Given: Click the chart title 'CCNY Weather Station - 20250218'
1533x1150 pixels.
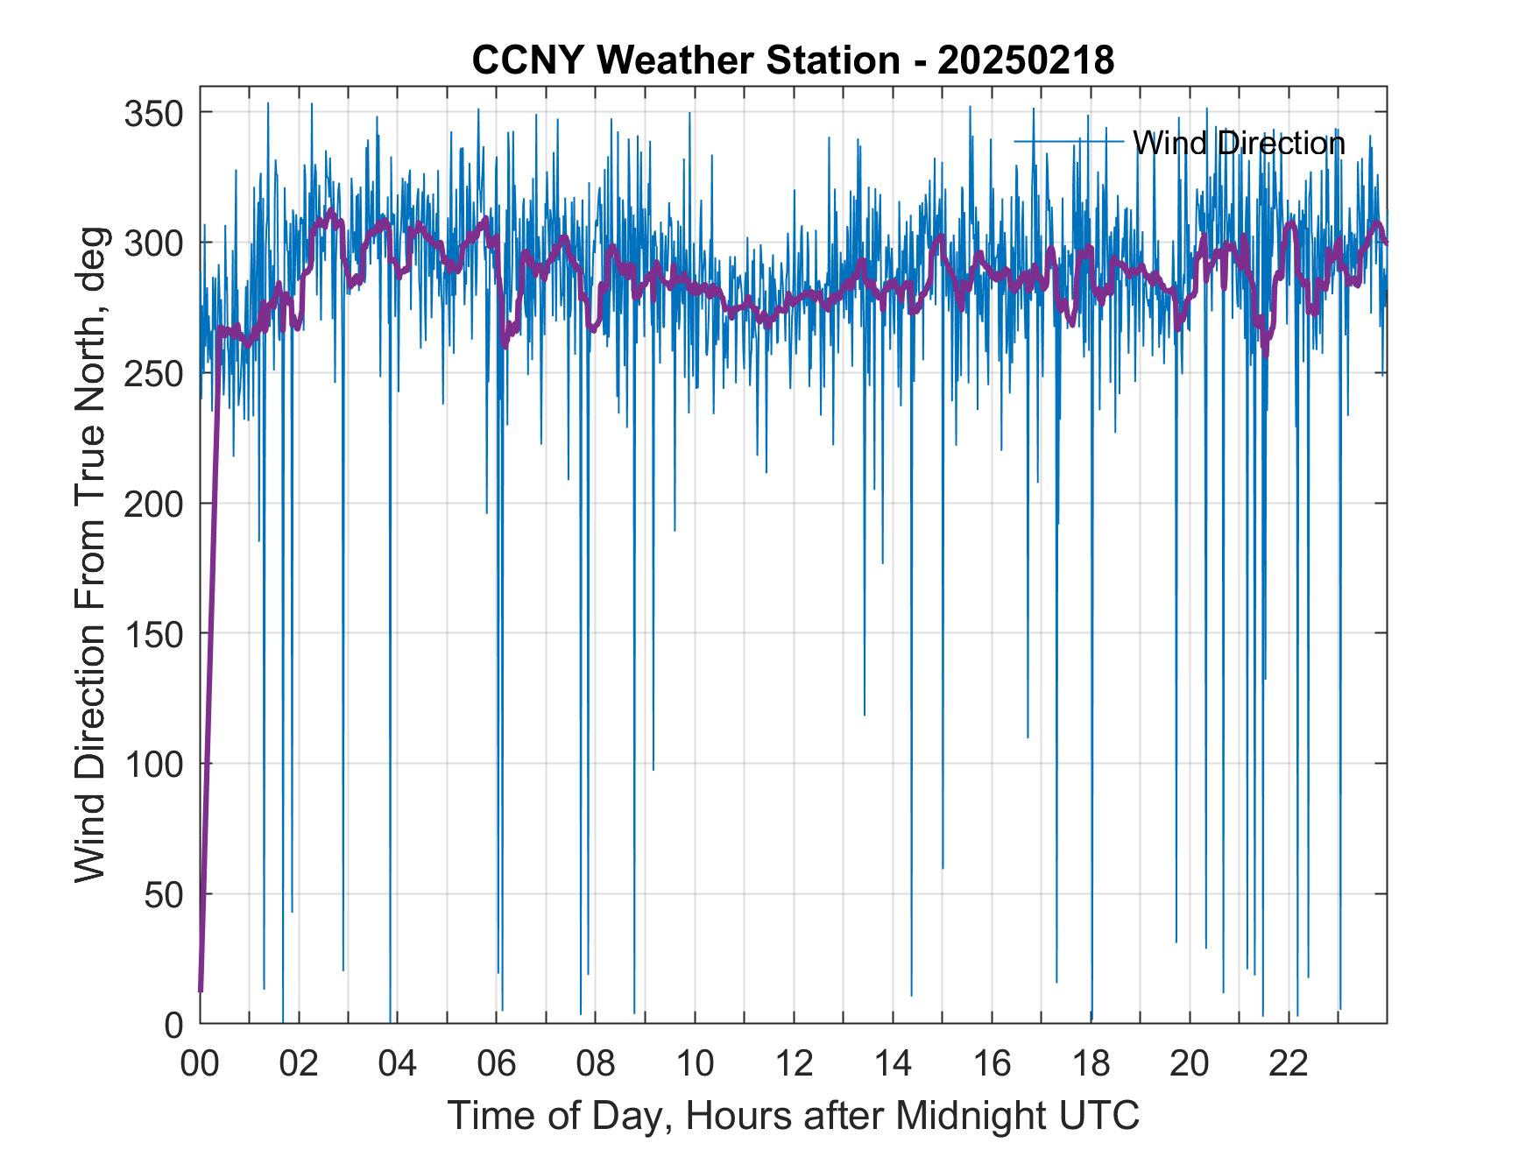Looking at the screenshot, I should coord(793,60).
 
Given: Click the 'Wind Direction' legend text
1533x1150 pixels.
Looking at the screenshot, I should coord(1239,143).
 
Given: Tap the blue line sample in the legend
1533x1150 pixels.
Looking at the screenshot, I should coord(1069,141).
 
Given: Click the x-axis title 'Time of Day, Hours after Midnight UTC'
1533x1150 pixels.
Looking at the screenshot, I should coord(794,1116).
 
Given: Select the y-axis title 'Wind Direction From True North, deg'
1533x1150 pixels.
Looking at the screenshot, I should coord(90,554).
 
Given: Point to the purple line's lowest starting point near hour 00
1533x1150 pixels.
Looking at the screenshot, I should coord(201,991).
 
